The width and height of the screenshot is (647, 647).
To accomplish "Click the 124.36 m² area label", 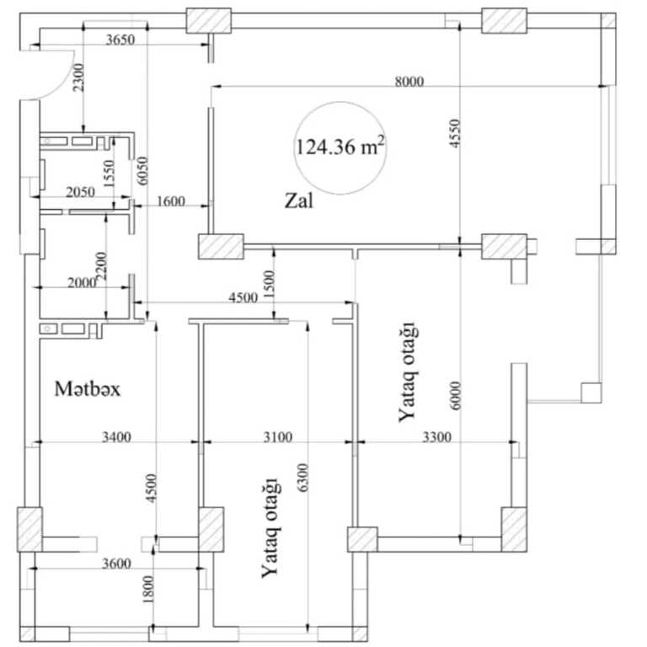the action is pyautogui.click(x=341, y=147).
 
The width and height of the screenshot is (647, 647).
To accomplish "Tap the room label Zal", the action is pyautogui.click(x=299, y=201).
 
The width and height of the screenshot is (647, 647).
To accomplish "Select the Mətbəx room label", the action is pyautogui.click(x=88, y=389).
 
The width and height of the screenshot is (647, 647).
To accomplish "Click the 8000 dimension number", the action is pyautogui.click(x=409, y=81).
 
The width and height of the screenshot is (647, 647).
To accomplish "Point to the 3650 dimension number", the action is pyautogui.click(x=120, y=40).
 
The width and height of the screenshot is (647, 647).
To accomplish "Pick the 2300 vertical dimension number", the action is pyautogui.click(x=78, y=78).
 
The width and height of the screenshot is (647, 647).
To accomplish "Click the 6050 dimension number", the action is pyautogui.click(x=142, y=170).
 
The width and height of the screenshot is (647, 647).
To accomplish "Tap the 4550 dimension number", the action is pyautogui.click(x=454, y=133).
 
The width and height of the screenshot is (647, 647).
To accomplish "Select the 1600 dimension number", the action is pyautogui.click(x=171, y=201).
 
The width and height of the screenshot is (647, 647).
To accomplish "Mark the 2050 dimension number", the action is pyautogui.click(x=81, y=192).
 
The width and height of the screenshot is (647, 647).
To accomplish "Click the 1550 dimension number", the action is pyautogui.click(x=109, y=174).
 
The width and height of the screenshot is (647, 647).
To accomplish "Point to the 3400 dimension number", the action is pyautogui.click(x=117, y=436).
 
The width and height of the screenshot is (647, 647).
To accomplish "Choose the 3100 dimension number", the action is pyautogui.click(x=278, y=436).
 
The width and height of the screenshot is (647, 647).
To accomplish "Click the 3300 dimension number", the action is pyautogui.click(x=437, y=436).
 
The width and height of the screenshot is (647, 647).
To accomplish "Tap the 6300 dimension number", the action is pyautogui.click(x=303, y=478).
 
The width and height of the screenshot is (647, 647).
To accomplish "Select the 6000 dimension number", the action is pyautogui.click(x=455, y=395).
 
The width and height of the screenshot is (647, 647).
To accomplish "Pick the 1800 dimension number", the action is pyautogui.click(x=148, y=589).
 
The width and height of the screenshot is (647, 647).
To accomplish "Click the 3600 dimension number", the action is pyautogui.click(x=117, y=564).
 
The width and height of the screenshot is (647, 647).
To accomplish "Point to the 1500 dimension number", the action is pyautogui.click(x=268, y=284).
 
